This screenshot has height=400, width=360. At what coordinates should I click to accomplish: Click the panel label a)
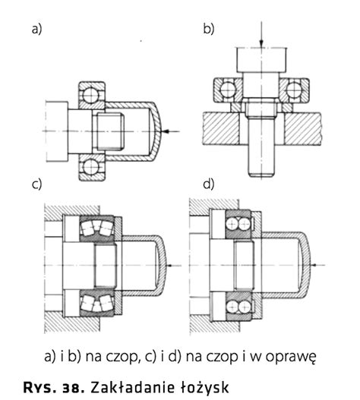click(36, 29)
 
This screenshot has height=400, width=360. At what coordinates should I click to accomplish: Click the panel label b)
click(208, 28)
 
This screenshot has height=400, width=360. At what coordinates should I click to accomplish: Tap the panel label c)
click(36, 184)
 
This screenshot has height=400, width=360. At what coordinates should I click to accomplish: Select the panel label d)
click(208, 184)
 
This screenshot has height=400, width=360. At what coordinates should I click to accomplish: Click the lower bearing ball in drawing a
click(91, 167)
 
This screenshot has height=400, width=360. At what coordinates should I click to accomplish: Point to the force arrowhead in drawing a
click(166, 131)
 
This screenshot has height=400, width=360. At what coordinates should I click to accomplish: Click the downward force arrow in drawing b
click(261, 35)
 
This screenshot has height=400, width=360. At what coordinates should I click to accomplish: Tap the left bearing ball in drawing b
click(228, 90)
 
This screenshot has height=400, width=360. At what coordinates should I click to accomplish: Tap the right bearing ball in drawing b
click(294, 90)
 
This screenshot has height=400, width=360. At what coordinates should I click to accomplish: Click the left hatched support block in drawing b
click(221, 129)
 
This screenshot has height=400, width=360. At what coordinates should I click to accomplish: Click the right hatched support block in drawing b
click(302, 129)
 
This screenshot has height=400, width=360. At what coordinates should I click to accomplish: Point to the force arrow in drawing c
click(174, 266)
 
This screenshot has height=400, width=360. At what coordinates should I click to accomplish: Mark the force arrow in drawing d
click(318, 265)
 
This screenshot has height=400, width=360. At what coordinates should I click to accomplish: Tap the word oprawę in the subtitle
click(291, 357)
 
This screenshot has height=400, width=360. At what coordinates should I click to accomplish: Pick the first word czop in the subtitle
click(122, 357)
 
